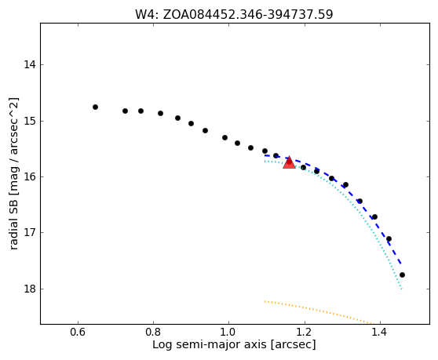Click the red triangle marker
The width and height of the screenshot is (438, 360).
[289, 162]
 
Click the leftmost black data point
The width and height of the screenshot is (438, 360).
[95, 107]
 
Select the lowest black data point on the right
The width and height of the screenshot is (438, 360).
[402, 275]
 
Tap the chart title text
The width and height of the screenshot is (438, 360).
[234, 15]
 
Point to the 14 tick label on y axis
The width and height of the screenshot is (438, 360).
[30, 65]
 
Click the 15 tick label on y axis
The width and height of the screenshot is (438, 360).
[30, 121]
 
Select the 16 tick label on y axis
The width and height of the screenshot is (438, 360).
[30, 176]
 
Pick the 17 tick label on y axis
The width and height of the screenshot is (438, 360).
[30, 232]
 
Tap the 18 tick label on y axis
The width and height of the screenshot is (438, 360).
[30, 289]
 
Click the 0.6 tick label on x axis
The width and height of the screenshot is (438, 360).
[78, 332]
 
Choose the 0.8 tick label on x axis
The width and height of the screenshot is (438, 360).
[153, 332]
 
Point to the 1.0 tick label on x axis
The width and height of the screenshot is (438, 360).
[228, 332]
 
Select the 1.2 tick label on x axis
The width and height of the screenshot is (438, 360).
[305, 332]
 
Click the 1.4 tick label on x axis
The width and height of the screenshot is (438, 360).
[380, 332]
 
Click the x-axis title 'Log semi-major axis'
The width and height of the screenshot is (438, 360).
[210, 345]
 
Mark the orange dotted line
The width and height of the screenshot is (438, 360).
[318, 311]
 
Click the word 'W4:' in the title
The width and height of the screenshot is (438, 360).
[147, 15]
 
